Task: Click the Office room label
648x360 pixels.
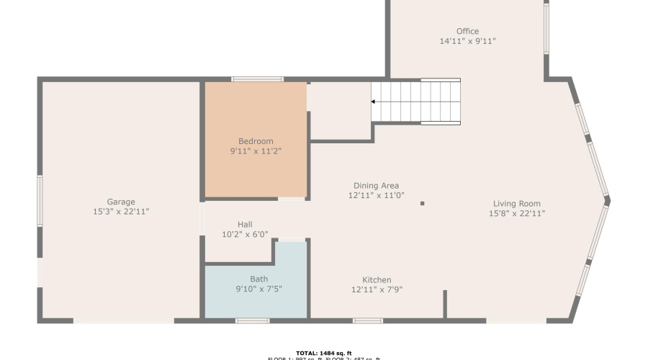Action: [x=467, y=31]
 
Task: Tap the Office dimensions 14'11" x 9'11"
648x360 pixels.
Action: [x=467, y=41]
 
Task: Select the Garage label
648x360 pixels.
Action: [x=121, y=202]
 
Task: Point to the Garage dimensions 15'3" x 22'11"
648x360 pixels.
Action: [x=121, y=212]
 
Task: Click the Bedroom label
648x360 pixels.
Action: [x=256, y=141]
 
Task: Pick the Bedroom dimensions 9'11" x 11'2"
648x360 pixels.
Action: [x=256, y=151]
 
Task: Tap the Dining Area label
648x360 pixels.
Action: [x=376, y=186]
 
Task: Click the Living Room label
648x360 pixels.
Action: [x=516, y=203]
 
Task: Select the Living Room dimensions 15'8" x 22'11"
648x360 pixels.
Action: [x=516, y=213]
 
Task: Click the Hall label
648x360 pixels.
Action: [x=245, y=225]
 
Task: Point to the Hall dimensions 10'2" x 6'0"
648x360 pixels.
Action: [x=245, y=235]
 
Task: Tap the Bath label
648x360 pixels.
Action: [x=258, y=279]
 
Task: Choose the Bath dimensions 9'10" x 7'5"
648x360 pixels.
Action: [x=258, y=289]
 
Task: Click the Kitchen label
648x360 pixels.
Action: [x=377, y=280]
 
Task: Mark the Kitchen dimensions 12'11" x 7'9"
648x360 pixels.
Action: [x=377, y=290]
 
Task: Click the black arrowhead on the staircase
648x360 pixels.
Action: [x=374, y=102]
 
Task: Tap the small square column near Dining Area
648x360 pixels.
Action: [x=422, y=204]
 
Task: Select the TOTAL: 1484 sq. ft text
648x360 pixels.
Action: [x=323, y=353]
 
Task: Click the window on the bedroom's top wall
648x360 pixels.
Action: [x=257, y=78]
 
